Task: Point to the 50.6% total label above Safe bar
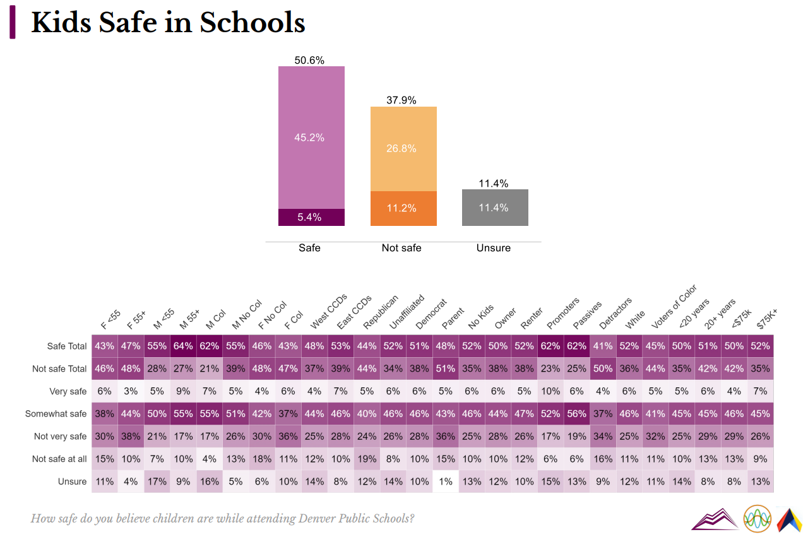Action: click(309, 61)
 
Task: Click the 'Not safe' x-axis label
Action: click(401, 248)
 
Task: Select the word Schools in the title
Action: click(252, 23)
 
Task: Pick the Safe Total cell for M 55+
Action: click(183, 346)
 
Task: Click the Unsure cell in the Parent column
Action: click(446, 481)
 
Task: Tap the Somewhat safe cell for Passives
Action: click(576, 414)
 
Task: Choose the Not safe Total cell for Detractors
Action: click(603, 369)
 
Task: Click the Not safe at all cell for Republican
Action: click(367, 459)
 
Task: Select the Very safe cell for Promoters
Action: click(550, 391)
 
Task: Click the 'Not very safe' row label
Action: click(60, 437)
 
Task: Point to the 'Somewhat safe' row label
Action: click(56, 414)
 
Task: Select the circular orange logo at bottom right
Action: click(757, 519)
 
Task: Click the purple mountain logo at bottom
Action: click(715, 519)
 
